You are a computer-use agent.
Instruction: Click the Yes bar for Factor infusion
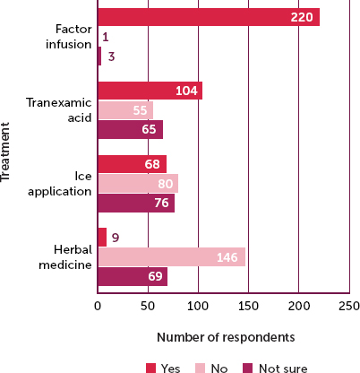(208, 17)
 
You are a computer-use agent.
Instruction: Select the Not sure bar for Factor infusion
(99, 56)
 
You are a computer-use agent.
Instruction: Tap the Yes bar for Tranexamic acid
(150, 91)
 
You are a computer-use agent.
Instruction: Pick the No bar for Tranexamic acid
(124, 110)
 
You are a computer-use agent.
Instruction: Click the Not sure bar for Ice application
(135, 203)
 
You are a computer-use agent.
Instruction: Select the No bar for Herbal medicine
(171, 257)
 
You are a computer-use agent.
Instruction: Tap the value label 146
(228, 257)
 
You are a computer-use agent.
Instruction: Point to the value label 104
(186, 91)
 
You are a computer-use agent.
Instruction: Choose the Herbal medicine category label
(66, 256)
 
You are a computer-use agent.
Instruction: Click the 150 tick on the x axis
(248, 305)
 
